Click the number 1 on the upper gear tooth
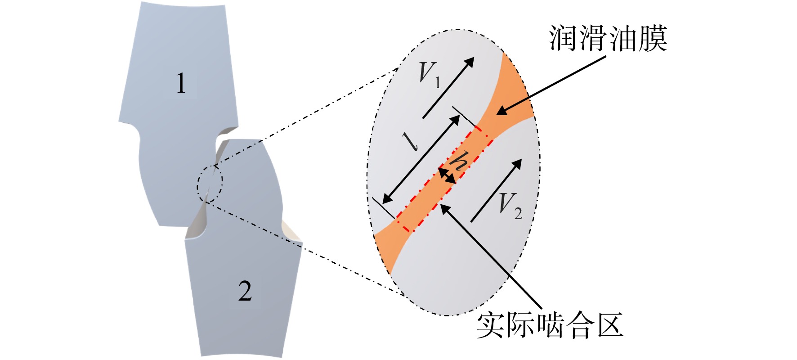181,84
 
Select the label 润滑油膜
608,38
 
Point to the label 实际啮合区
550,325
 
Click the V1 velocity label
429,74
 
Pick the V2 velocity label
510,206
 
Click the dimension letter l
412,141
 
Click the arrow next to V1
448,88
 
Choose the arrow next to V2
496,190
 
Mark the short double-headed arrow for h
448,175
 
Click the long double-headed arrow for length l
421,159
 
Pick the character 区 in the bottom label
610,325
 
